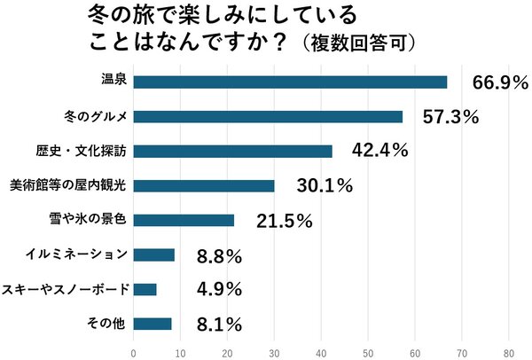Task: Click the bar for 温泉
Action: (290, 82)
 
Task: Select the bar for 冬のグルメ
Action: (268, 116)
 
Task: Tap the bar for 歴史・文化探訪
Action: (232, 151)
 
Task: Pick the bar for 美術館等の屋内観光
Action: (204, 185)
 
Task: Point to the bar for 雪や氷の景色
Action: (184, 220)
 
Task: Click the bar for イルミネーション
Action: (153, 254)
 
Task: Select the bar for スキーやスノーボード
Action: (145, 289)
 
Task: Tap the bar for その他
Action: (152, 324)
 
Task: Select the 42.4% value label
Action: (379, 151)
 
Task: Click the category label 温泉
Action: (116, 82)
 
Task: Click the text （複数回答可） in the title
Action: (354, 42)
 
